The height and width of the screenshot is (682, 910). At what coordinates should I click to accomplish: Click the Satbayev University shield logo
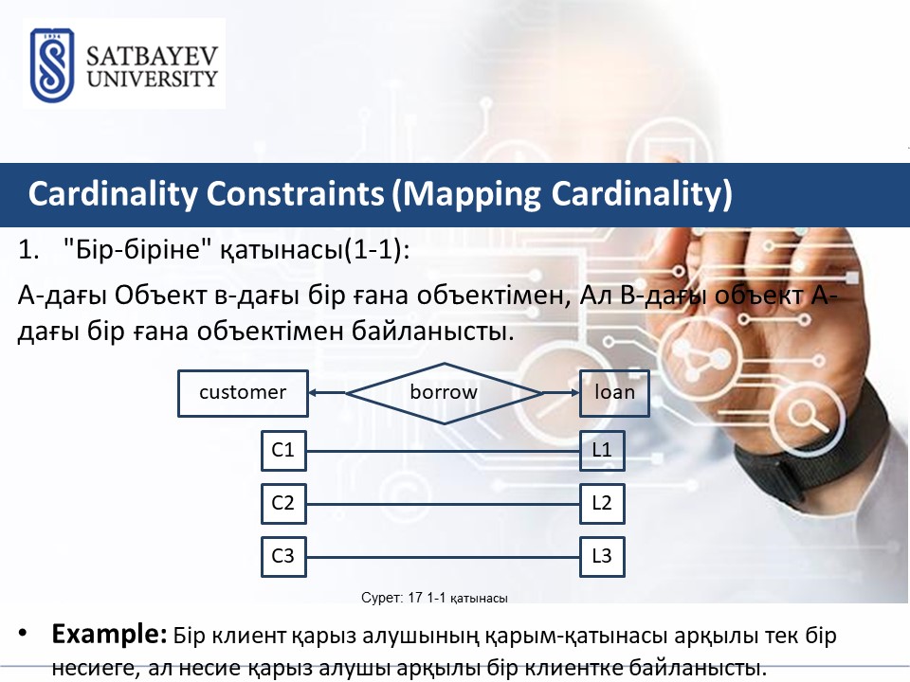coord(52,65)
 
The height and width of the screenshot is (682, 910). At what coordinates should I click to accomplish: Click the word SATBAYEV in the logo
coord(152,56)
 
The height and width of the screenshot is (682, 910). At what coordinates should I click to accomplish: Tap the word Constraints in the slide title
coord(296,193)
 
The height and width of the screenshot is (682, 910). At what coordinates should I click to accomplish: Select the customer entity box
coord(243,393)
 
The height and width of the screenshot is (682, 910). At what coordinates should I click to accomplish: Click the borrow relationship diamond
coord(444,393)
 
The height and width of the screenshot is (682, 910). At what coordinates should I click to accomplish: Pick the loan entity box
coord(614,393)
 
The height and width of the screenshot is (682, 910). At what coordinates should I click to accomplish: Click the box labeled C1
coord(283,451)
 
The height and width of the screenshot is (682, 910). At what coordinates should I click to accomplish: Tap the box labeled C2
coord(283,503)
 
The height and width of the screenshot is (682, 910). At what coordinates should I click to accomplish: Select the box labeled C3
coord(283,557)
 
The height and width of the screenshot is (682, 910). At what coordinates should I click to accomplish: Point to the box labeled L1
coord(602,451)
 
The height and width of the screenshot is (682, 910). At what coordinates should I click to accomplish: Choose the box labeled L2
coord(602,503)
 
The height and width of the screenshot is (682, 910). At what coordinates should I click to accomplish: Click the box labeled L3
coord(602,557)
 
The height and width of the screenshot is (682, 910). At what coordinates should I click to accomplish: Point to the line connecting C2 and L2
coord(443,504)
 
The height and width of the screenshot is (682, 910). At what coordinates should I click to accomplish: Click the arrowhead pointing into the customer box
coord(312,392)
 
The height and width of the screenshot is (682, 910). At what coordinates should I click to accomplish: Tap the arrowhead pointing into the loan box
coord(575,392)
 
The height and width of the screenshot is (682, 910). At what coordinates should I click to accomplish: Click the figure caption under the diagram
coord(434,598)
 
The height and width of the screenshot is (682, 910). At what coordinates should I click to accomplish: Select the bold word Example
coord(110,634)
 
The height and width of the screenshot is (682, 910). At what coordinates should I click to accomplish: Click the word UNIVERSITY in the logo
coord(152,79)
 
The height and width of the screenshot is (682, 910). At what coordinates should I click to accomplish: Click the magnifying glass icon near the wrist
coord(808,417)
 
